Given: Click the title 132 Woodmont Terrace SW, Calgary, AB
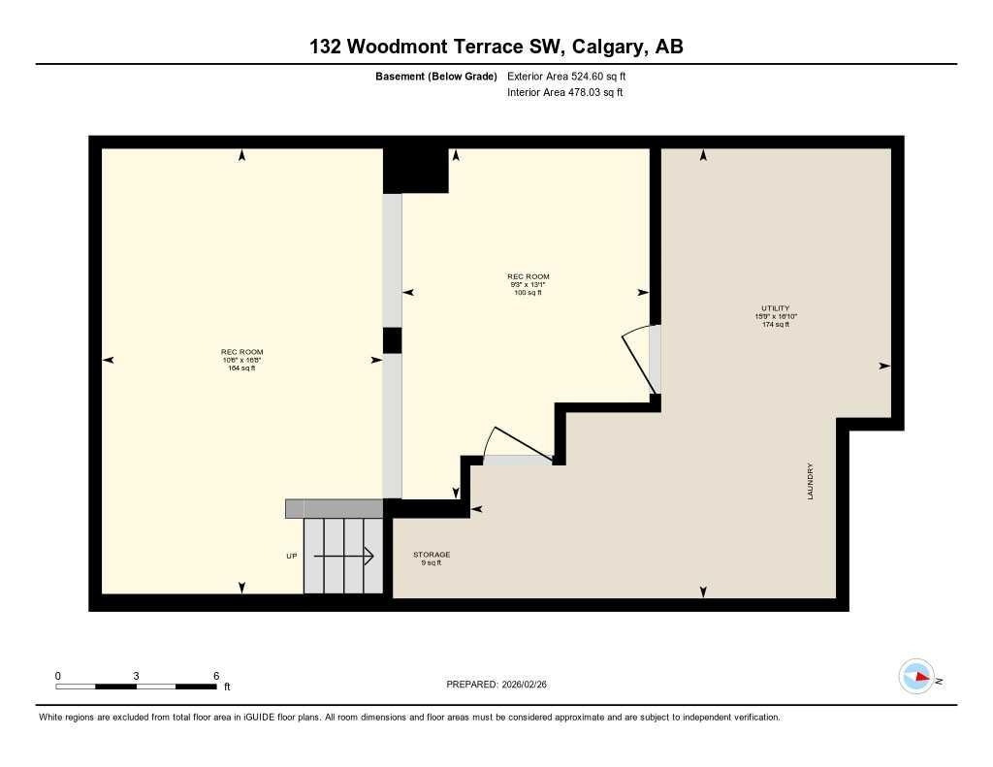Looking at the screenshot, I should (496, 47).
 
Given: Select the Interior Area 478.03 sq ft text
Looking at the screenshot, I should (564, 93).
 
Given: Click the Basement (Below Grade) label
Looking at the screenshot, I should (435, 76).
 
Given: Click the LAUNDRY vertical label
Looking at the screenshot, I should (810, 481).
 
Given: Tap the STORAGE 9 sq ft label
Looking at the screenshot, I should (432, 559).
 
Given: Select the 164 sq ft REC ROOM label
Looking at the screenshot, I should (241, 360).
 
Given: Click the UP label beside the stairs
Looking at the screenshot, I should (292, 556).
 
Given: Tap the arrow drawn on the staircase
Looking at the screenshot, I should (344, 556).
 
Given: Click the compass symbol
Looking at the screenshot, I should (917, 677).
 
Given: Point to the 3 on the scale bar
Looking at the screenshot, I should (137, 676).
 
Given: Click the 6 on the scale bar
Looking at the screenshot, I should (215, 676).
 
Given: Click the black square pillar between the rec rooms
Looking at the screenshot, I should (392, 340).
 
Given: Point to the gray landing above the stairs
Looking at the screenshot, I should (334, 509).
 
